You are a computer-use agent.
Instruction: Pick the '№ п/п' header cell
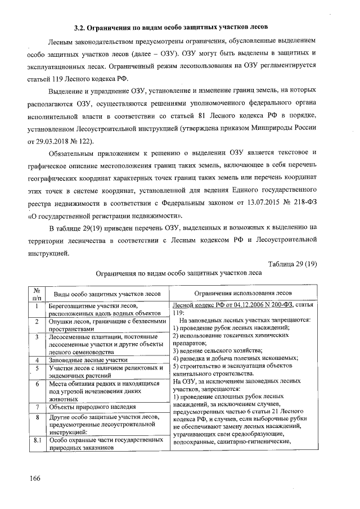coord(37,294)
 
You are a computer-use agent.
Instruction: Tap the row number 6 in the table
coord(37,384)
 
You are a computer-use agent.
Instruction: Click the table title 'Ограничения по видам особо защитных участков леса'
coord(179,272)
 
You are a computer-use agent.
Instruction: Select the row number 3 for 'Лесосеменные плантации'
coord(37,336)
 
